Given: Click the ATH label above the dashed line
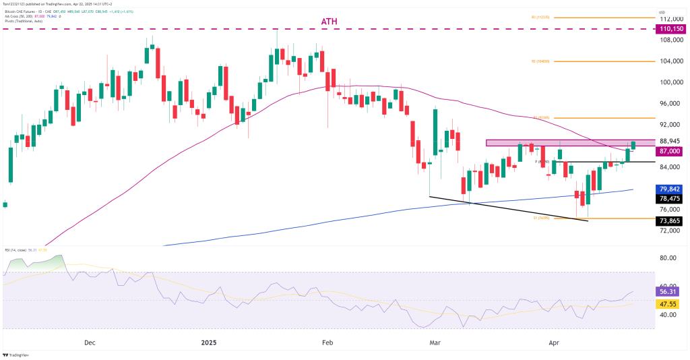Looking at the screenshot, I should [x=330, y=22].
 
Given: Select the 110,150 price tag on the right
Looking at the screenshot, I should [x=672, y=29].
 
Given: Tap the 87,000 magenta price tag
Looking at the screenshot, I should [x=672, y=152].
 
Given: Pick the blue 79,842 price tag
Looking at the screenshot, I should [x=672, y=189].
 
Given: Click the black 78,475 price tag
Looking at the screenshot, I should [x=672, y=199].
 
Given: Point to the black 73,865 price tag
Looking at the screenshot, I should [x=672, y=219].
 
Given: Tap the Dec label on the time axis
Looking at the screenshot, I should [x=90, y=342].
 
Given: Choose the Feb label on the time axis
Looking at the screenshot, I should [x=327, y=342].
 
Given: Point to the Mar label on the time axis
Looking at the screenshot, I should [x=435, y=342].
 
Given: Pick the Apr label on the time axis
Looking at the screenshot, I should [x=553, y=342].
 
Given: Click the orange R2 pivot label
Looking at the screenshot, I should [x=541, y=61].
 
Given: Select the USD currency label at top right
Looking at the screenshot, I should [x=662, y=12].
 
